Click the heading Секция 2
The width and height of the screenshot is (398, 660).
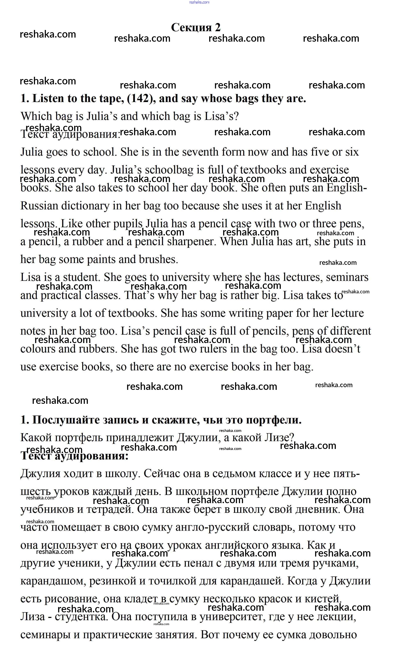(196, 27)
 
